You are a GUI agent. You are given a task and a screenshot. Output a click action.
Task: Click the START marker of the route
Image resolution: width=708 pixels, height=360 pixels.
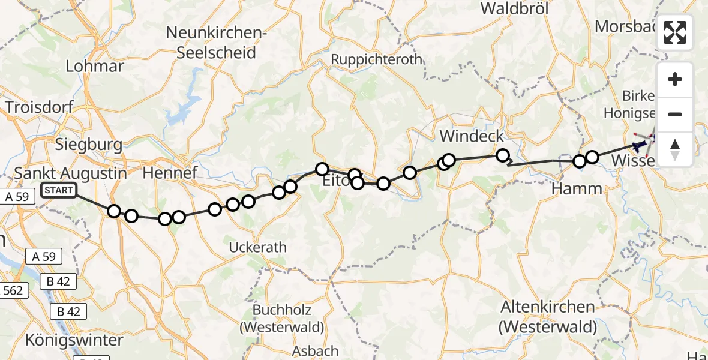click(59, 191)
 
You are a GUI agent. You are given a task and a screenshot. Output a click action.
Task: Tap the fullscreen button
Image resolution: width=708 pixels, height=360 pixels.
click(675, 32)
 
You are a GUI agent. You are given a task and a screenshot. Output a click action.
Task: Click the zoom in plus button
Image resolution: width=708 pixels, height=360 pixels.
click(675, 79)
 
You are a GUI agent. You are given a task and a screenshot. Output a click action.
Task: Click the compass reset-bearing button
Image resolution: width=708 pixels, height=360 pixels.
click(675, 149)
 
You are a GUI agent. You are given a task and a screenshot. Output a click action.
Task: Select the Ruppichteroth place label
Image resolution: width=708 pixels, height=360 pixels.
click(377, 60)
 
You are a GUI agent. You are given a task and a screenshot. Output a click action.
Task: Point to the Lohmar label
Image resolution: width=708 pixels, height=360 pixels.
click(94, 66)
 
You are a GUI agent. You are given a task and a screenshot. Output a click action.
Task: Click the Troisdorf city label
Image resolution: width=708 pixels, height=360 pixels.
click(39, 107)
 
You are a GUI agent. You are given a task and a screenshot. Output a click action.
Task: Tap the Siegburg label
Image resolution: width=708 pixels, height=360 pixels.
click(88, 145)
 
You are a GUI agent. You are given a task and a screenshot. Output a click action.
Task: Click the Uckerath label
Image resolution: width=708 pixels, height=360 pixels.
click(258, 247)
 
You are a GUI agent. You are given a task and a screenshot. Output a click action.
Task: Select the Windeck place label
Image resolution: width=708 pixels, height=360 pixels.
click(472, 136)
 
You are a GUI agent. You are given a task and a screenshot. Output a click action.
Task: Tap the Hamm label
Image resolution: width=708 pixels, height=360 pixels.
click(577, 189)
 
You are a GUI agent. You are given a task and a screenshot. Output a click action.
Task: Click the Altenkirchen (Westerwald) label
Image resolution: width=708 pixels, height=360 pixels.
click(548, 317)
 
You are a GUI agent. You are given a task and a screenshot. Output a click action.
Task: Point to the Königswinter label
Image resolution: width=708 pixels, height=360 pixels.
click(74, 340)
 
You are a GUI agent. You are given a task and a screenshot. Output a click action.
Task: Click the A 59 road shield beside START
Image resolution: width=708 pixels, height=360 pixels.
click(16, 196)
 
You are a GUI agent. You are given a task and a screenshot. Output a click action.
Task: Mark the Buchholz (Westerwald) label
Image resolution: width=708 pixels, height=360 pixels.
click(281, 319)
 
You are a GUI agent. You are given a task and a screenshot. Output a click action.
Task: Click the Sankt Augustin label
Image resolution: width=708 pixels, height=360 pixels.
click(71, 173)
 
